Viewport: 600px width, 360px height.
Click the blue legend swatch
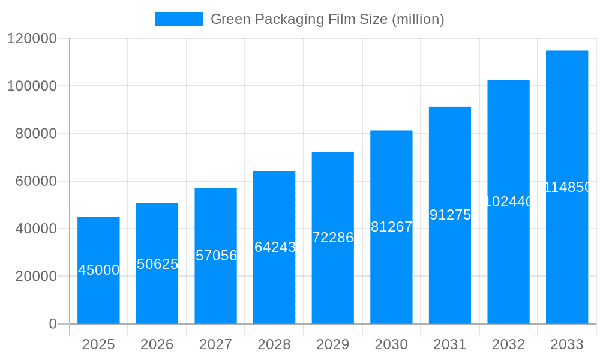pos(179,19)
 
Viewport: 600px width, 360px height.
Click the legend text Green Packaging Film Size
pos(327,19)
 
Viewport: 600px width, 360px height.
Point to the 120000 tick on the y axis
pos(31,39)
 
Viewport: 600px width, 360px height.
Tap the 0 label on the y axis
pos(53,324)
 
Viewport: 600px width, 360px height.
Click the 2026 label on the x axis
pos(157,344)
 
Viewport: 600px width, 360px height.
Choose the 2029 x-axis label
pos(333,344)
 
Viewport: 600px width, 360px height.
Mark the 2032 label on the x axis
pos(508,344)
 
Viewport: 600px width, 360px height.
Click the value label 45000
pos(99,270)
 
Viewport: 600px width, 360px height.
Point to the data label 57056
pos(216,256)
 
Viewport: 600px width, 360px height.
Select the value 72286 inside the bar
pos(333,238)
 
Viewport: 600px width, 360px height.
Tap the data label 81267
pos(391,227)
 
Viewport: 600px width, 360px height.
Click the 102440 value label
pos(508,202)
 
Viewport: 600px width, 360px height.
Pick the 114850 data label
pos(567,187)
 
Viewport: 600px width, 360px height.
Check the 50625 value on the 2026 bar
pos(157,264)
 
